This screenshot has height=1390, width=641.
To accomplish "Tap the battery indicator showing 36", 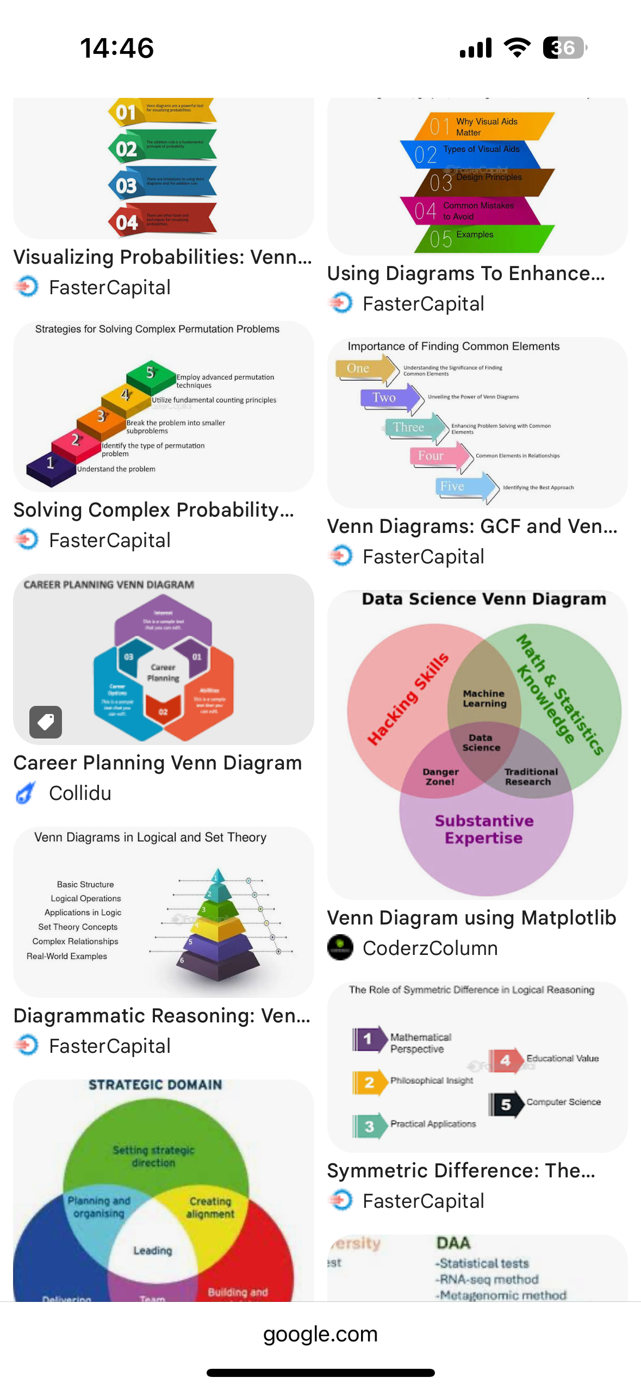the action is [x=564, y=48].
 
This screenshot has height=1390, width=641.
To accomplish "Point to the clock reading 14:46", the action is [x=117, y=48].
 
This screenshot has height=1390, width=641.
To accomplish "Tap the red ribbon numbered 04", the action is [x=163, y=221].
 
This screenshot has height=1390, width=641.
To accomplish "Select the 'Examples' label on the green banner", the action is [x=475, y=234].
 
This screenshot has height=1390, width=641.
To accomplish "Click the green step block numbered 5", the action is [x=151, y=374].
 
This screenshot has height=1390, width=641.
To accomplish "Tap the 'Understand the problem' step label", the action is [x=116, y=469].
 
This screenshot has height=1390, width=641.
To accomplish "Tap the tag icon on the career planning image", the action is [x=46, y=722].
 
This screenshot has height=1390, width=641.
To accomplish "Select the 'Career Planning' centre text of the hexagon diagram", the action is [x=163, y=673].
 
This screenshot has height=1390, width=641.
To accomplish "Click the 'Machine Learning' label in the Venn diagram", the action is [x=484, y=698].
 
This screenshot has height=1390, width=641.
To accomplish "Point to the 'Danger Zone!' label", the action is [x=440, y=777].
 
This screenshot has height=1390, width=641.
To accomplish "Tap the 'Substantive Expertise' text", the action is [x=484, y=829].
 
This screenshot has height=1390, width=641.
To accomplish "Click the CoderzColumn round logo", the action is [x=341, y=947].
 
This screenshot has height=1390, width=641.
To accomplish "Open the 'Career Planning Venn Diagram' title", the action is [x=158, y=762].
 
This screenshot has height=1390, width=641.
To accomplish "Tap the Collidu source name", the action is [x=80, y=793].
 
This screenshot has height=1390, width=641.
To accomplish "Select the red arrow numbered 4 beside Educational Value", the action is [x=505, y=1060].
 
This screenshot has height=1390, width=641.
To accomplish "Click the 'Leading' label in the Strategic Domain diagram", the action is [x=153, y=1251].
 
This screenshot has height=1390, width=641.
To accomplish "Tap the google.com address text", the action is [x=320, y=1333].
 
